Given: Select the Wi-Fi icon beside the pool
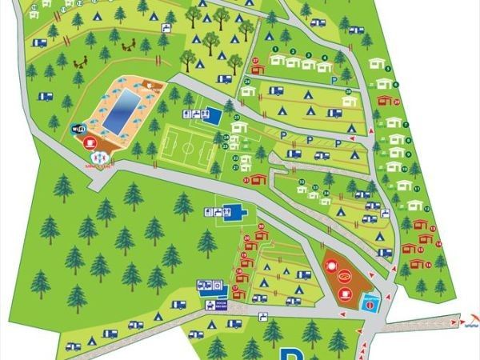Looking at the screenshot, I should (x=78, y=128).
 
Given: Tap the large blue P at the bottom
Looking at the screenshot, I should (x=289, y=354).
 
